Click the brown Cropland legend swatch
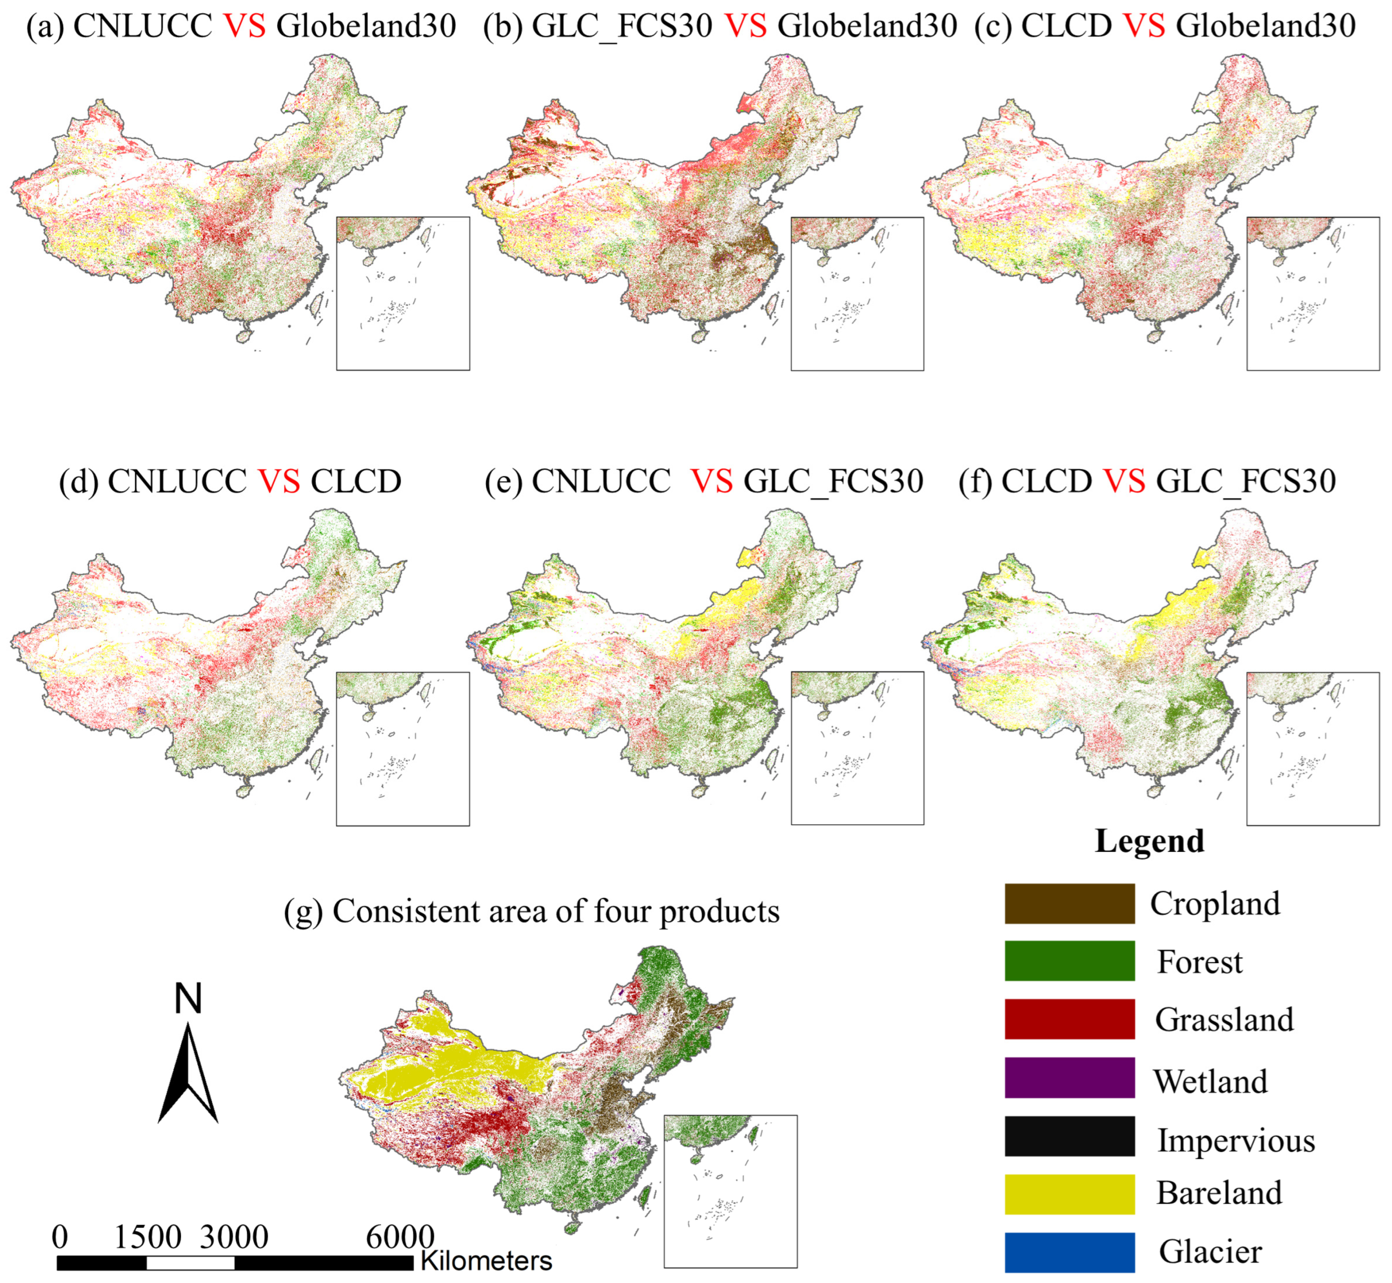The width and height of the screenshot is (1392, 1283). pyautogui.click(x=1069, y=903)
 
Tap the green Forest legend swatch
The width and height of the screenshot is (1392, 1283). pyautogui.click(x=1069, y=961)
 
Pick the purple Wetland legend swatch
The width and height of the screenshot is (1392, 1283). pyautogui.click(x=1069, y=1078)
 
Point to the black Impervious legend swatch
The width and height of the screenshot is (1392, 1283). pyautogui.click(x=1069, y=1136)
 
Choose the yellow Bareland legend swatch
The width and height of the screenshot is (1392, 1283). pyautogui.click(x=1069, y=1194)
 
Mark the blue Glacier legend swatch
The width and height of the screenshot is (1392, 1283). pyautogui.click(x=1069, y=1253)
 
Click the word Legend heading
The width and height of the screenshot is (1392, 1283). pyautogui.click(x=1150, y=841)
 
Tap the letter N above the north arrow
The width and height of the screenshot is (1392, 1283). pyautogui.click(x=187, y=999)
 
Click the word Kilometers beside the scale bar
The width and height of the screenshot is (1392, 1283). pyautogui.click(x=486, y=1261)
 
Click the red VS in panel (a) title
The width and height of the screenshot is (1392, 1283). pyautogui.click(x=244, y=27)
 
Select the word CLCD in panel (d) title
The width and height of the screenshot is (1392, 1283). pyautogui.click(x=356, y=482)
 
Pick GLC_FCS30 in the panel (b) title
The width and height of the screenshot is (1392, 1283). pyautogui.click(x=622, y=27)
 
